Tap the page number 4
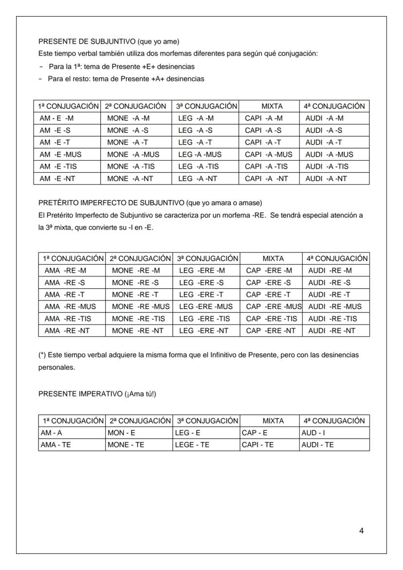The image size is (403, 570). click(361, 531)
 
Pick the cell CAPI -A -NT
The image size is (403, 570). click(266, 179)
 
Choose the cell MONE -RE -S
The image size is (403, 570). click(135, 283)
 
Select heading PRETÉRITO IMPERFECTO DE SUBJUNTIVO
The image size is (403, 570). click(111, 202)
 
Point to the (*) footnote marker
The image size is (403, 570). click(42, 355)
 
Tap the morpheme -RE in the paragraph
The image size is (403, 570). click(259, 215)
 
